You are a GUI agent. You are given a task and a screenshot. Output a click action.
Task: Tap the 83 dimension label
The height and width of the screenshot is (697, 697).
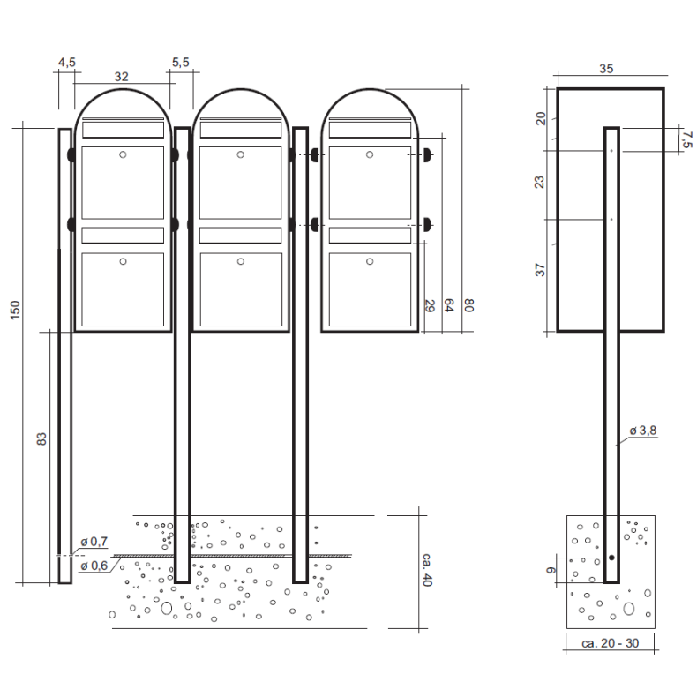coord(41,439)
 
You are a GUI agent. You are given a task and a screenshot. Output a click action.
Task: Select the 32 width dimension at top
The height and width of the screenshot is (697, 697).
coord(122,77)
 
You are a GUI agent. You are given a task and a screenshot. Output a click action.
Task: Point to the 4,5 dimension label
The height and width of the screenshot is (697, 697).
coord(67,62)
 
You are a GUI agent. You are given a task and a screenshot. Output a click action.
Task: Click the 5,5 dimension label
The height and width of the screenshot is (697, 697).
coord(180,62)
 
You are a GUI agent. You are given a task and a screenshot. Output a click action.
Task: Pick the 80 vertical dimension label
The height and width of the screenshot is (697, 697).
coord(469,306)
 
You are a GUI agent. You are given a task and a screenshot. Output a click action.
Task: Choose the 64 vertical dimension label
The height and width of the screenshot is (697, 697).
coord(449,306)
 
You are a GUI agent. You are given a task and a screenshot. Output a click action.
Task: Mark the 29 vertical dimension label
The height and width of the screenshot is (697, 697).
coord(430,306)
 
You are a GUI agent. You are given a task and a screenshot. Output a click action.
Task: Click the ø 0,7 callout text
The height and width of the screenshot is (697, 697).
coord(94,540)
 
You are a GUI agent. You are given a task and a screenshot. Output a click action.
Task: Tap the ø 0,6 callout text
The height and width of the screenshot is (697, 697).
coord(94,566)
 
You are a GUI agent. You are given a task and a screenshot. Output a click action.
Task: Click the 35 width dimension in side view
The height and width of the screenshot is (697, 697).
coord(606,67)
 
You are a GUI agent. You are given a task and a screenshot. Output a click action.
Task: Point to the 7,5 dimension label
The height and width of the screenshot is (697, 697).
coord(686,138)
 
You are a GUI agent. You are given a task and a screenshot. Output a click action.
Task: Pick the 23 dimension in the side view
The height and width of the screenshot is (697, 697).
coord(540,182)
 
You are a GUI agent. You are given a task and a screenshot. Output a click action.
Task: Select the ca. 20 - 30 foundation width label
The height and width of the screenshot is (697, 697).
coord(611,643)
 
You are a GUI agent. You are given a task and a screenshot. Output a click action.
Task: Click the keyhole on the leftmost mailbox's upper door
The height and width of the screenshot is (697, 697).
coord(123,155)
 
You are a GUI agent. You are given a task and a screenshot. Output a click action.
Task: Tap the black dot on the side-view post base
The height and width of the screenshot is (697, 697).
coord(611,558)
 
